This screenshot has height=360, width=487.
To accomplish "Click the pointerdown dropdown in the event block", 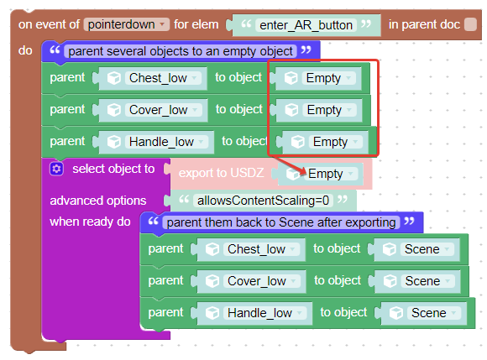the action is coord(127,24).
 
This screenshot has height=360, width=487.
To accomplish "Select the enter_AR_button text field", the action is coord(306,25).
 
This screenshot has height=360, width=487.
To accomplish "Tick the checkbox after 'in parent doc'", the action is coord(470,24).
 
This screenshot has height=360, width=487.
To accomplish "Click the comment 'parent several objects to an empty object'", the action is coord(181,51).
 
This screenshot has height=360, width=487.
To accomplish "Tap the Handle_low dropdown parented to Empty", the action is coord(166,142).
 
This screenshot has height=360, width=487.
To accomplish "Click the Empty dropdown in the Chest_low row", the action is coord(328,78).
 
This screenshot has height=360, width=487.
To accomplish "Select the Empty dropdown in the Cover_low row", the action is coord(329,110).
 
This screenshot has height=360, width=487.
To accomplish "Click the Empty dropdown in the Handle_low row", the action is coord(335,142).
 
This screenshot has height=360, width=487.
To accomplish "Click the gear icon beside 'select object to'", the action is coord(56,169).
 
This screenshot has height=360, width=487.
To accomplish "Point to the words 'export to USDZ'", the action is coord(221,173).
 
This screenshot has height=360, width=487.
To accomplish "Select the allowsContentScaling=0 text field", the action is coord(263,201).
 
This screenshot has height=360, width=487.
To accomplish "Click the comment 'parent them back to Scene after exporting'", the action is coord(281,222).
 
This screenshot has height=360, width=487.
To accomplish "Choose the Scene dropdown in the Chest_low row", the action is coord(427,249).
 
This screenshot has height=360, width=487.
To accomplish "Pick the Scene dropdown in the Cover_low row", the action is coord(427,281).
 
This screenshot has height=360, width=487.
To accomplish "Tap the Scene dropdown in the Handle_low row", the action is coord(434,313).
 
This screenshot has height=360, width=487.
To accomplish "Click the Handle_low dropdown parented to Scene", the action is coord(264,313).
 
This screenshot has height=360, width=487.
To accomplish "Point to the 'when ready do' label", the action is coord(90,222).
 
